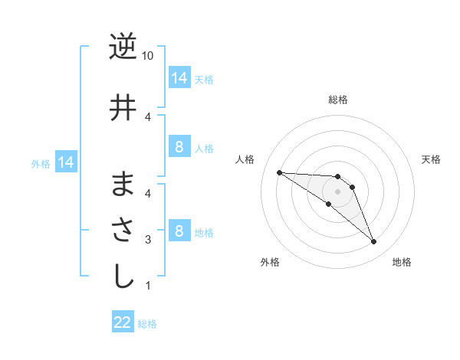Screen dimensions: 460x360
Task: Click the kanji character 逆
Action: [x=123, y=47]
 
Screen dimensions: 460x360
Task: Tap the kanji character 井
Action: [x=123, y=107]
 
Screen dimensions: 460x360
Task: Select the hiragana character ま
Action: [x=123, y=184]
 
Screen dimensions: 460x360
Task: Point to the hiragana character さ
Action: [x=123, y=231]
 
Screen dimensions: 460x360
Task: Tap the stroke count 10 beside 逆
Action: [x=149, y=56]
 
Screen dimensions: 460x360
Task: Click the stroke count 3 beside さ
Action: [x=148, y=240]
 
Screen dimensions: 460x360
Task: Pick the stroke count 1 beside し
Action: [x=148, y=286]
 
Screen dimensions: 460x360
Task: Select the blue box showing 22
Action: [x=123, y=322]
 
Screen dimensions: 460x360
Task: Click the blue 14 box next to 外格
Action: [x=65, y=162]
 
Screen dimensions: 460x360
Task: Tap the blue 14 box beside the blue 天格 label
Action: [x=179, y=77]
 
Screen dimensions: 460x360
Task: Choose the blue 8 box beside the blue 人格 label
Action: [x=179, y=147]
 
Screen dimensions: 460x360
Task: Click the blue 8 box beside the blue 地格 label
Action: [x=179, y=231]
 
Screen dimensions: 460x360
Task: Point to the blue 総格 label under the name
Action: [x=148, y=324]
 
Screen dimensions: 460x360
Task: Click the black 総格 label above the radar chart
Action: [x=337, y=100]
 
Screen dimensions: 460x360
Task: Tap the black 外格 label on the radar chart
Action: [x=270, y=262]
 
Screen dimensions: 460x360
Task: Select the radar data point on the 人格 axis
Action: [x=279, y=172]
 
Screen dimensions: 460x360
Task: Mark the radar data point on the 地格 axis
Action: [x=373, y=242]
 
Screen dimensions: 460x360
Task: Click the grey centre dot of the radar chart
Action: [x=337, y=191]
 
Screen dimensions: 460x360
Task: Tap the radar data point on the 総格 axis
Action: [x=337, y=177]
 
